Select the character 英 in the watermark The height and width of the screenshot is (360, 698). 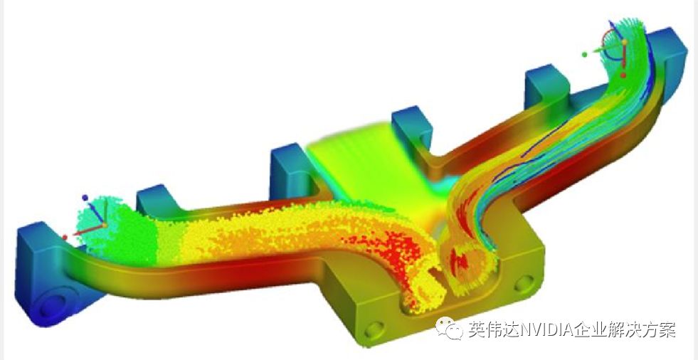[477, 329]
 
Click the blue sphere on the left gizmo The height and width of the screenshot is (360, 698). [85, 198]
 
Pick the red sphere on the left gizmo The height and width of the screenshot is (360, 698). [65, 238]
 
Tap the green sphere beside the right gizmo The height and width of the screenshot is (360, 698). [584, 54]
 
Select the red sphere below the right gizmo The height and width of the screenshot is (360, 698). [623, 75]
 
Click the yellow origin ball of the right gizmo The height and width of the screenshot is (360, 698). [625, 42]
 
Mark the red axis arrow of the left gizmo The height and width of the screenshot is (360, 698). [86, 231]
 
